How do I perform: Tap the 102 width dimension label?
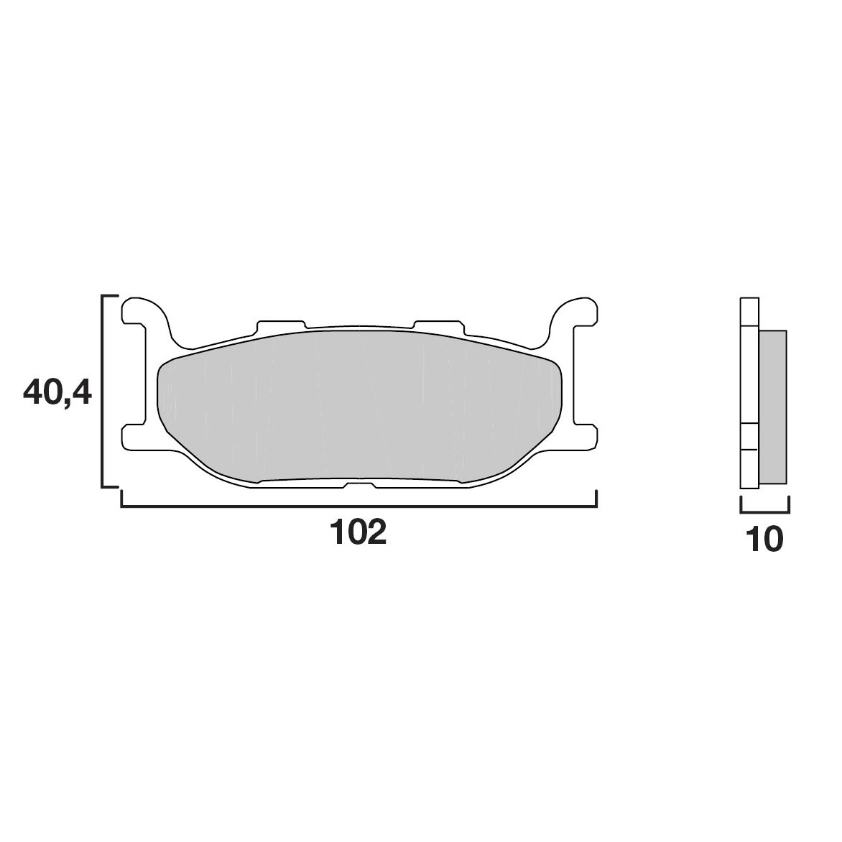[358, 532]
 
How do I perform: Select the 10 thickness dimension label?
[764, 539]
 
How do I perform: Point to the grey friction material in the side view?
[772, 406]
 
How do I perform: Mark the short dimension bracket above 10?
[764, 512]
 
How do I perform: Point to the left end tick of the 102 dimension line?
[121, 499]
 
